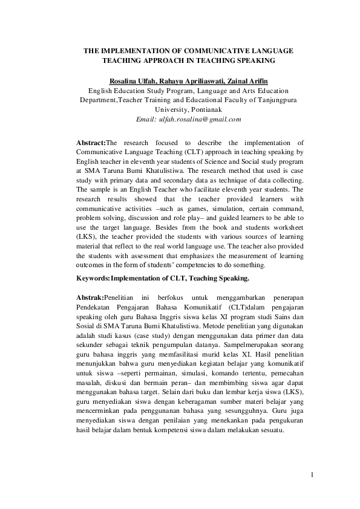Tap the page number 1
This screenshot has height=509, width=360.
pyautogui.click(x=312, y=475)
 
